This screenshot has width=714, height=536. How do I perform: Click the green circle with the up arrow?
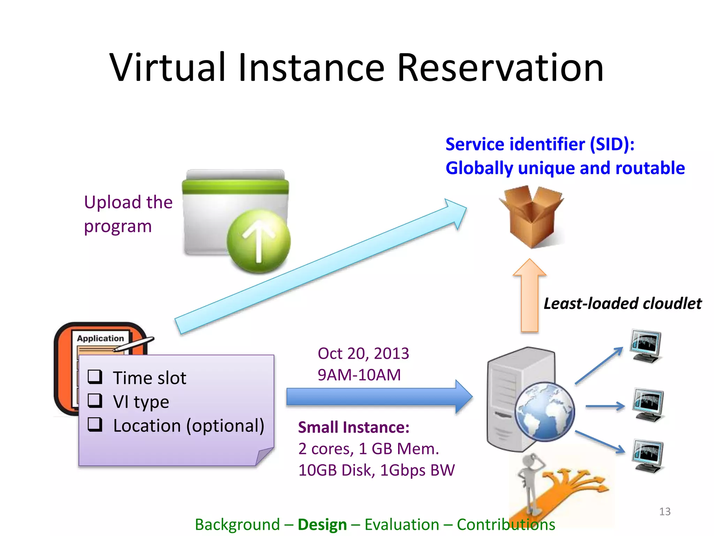[x=258, y=241]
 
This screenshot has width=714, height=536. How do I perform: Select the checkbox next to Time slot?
[x=95, y=377]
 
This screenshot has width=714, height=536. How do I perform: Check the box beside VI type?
[x=95, y=401]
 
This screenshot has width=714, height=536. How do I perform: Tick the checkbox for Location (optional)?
[x=95, y=424]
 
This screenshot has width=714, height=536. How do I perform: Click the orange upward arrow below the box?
[x=530, y=297]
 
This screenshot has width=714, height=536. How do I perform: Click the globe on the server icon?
[x=545, y=412]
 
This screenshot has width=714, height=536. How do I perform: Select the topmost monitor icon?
[x=646, y=345]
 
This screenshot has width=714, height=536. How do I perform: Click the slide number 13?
[x=665, y=512]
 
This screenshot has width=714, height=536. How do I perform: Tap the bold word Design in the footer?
[x=322, y=524]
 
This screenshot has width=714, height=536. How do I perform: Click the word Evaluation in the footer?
[x=402, y=524]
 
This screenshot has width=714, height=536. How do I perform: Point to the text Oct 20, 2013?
[x=363, y=353]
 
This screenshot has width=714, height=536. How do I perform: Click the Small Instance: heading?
[x=354, y=427]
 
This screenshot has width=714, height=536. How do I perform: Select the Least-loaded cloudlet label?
[x=623, y=304]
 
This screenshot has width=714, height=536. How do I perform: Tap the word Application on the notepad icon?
[x=100, y=338]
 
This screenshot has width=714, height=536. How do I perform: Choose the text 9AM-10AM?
[x=359, y=375]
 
